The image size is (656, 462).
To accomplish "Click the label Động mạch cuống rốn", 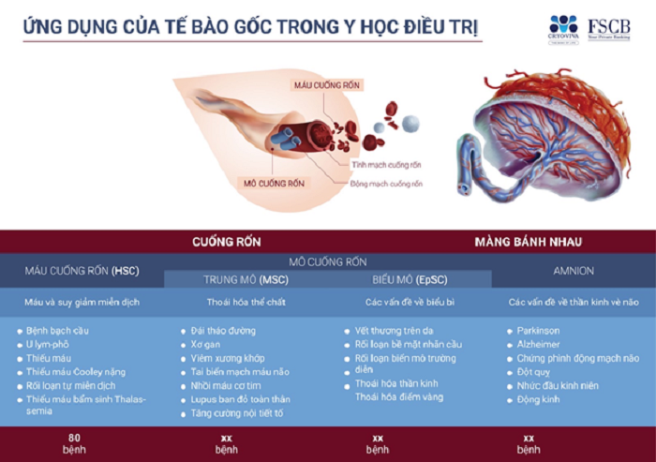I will [386, 184].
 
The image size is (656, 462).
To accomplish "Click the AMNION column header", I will [574, 271].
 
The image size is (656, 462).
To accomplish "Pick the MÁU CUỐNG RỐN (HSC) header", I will [82, 271].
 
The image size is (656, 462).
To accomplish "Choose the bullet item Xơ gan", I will [205, 344].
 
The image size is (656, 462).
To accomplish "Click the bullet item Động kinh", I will [541, 399].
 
